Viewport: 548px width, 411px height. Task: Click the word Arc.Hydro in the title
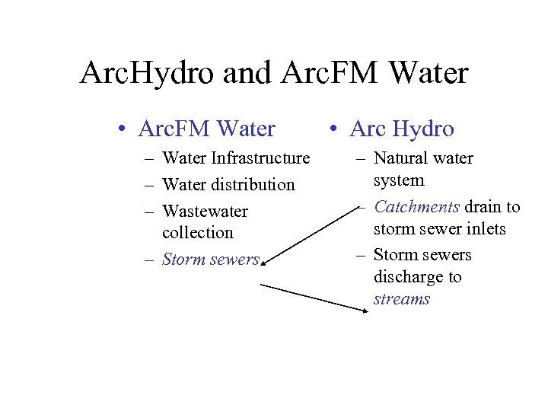click(149, 74)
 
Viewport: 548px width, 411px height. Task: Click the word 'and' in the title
click(249, 74)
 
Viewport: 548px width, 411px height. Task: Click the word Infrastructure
click(260, 158)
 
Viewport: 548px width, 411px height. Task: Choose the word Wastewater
click(205, 211)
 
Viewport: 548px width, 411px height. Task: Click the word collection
click(197, 232)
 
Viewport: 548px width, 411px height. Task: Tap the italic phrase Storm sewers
click(211, 259)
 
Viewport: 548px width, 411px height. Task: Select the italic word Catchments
click(416, 207)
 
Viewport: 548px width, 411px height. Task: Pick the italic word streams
click(401, 298)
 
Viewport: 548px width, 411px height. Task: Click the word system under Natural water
click(399, 180)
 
